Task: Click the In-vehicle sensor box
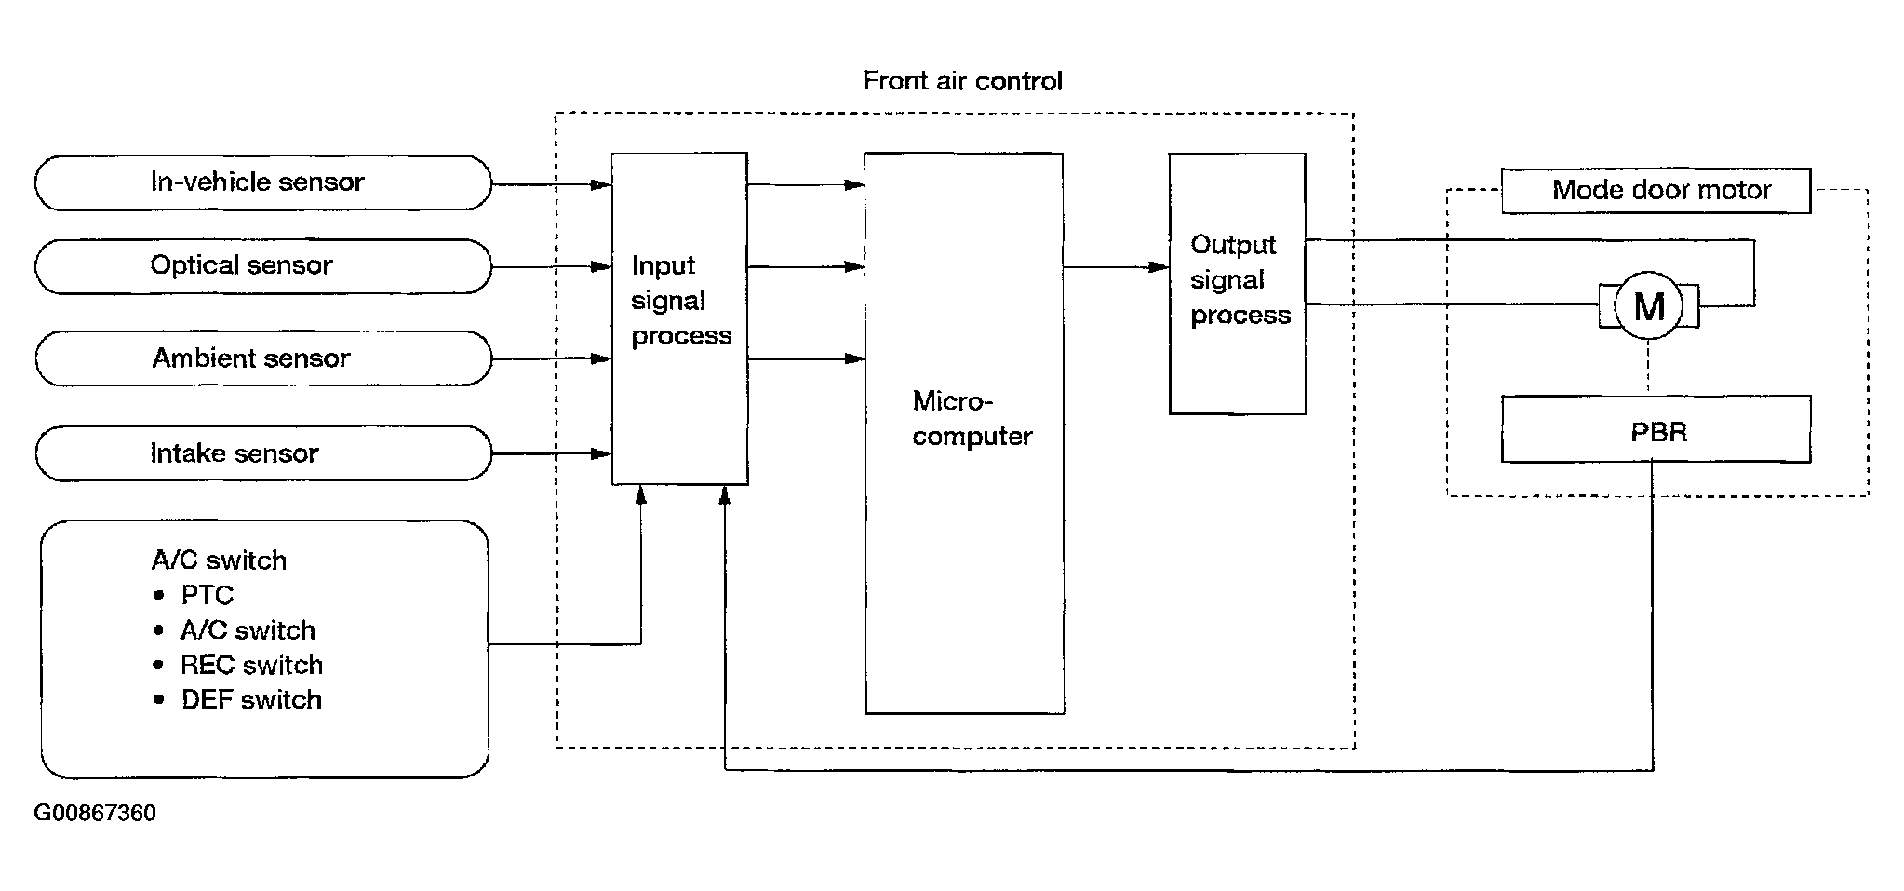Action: [263, 182]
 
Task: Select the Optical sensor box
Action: [263, 266]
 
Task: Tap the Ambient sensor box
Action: [263, 358]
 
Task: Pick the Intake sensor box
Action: [263, 453]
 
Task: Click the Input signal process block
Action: [679, 318]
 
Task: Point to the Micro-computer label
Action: [972, 418]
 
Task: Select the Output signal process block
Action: [1238, 283]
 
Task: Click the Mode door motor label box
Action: [1656, 191]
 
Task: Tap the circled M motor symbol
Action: [1649, 305]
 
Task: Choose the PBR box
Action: [1656, 429]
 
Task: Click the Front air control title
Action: [962, 81]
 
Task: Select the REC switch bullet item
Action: [238, 665]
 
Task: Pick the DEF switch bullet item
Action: [237, 699]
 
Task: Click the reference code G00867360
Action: [95, 813]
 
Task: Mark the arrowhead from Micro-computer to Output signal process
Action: [1159, 267]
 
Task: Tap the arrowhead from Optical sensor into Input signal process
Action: [601, 267]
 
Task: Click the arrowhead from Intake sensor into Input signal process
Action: [601, 454]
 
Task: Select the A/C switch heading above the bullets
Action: [219, 560]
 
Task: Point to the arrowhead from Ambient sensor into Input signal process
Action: [601, 358]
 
